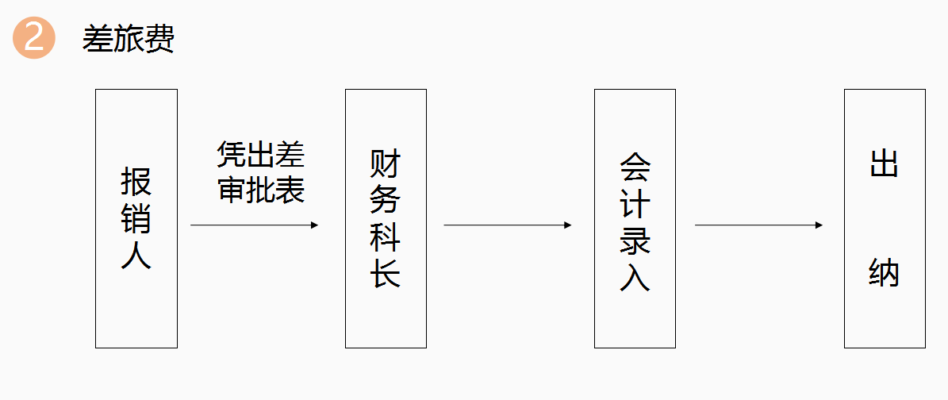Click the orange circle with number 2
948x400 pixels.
coord(34,37)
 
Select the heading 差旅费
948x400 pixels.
coord(129,40)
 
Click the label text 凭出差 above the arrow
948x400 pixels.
coord(260,156)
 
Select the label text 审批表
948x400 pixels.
coord(260,190)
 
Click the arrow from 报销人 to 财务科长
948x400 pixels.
coord(255,225)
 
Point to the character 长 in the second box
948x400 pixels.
coord(385,274)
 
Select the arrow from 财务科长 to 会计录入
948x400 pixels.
coord(508,225)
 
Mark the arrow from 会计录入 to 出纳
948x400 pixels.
coord(758,225)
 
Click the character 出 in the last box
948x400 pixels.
coord(884,162)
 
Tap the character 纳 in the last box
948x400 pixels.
coord(884,273)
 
